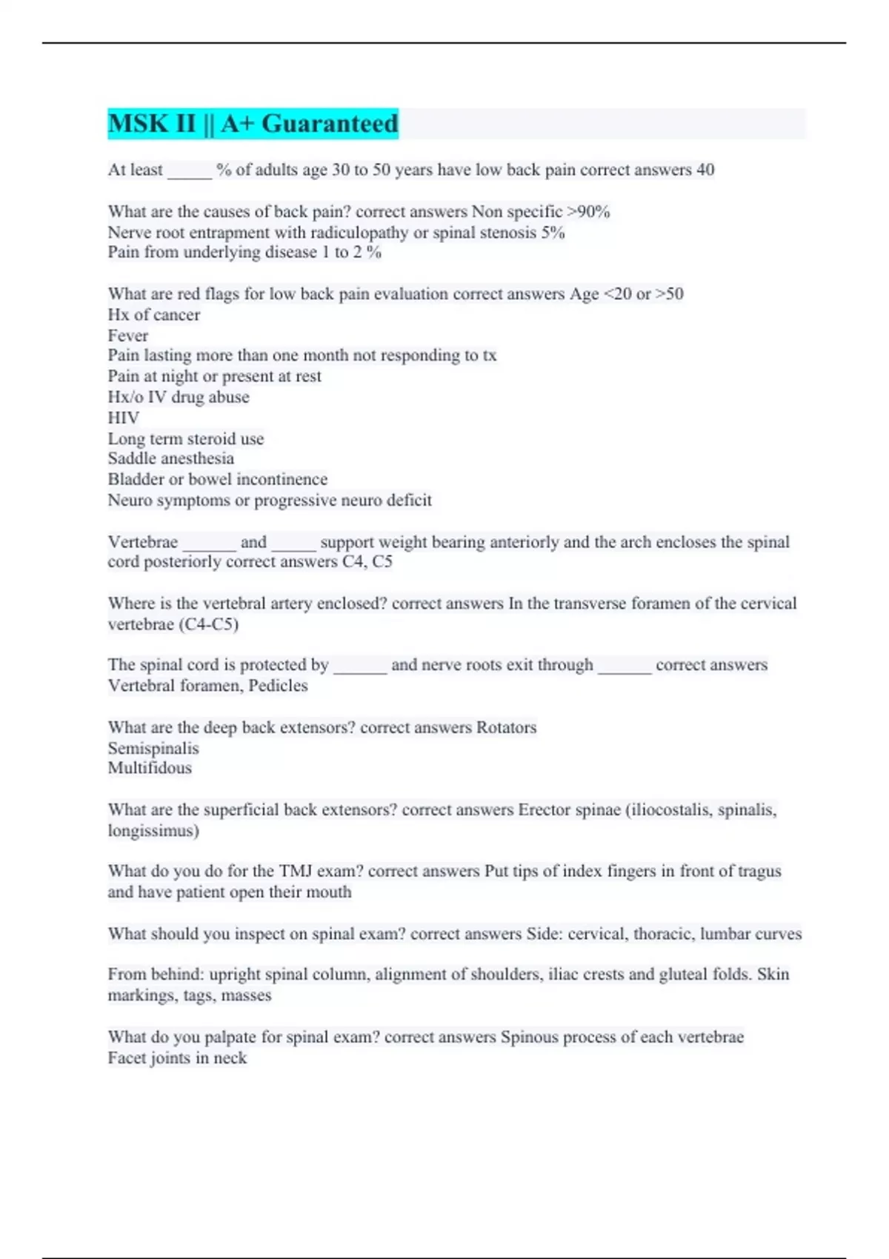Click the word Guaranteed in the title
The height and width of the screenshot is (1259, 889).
330,124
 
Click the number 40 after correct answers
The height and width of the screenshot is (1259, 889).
705,170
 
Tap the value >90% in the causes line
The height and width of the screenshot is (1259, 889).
588,212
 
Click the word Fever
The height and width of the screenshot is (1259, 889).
127,335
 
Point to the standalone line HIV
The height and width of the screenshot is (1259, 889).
123,418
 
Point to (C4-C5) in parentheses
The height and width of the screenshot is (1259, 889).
208,624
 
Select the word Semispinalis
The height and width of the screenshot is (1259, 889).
153,748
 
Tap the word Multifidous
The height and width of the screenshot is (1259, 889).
150,768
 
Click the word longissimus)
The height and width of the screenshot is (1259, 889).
153,830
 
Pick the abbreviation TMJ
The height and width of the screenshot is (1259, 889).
296,871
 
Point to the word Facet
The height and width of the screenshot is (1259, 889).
127,1058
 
